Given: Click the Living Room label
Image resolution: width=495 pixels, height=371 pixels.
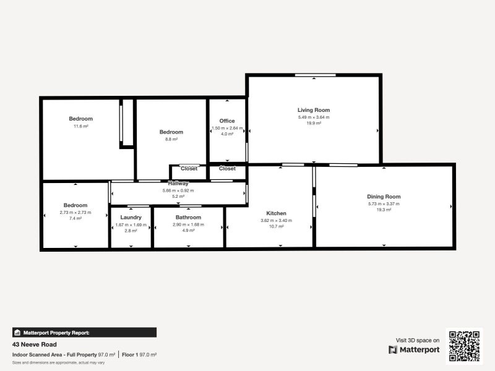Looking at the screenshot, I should tap(314, 110).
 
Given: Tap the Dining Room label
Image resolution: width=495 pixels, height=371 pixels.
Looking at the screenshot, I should tap(384, 197).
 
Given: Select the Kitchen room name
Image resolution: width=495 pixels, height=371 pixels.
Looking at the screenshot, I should tap(276, 213).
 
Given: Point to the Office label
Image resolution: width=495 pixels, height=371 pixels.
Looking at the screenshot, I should tap(227, 121).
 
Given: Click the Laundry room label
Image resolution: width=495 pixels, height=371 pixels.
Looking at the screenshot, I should tap(131, 218).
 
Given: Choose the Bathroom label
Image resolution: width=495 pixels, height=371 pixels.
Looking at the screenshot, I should tap(188, 218).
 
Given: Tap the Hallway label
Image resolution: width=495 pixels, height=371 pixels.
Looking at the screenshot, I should tap(178, 184).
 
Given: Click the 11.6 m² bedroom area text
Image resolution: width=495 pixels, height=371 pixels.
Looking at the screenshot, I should tap(81, 126).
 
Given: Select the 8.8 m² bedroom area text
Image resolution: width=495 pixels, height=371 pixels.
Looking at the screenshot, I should tap(171, 139).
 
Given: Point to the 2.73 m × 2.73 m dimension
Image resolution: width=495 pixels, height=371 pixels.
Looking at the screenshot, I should tap(75, 212).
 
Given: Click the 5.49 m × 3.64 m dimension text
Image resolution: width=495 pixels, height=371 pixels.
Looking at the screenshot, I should tap(314, 117).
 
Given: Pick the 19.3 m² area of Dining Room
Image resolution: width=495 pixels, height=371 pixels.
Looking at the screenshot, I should tap(384, 210).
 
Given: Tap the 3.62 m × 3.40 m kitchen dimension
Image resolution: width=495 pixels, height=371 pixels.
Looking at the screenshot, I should tap(276, 220).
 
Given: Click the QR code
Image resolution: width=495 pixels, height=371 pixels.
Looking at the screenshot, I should tap(464, 345).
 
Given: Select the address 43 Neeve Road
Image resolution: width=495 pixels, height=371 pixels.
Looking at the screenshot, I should tap(35, 344).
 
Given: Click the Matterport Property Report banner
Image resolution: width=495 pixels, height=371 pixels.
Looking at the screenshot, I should tap(84, 332).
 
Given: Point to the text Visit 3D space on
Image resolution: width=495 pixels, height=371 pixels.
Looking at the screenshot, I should tap(418, 340).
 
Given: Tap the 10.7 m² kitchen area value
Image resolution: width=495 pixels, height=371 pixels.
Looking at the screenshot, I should tap(276, 227).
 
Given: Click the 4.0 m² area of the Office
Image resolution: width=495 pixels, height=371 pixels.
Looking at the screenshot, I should tap(227, 134).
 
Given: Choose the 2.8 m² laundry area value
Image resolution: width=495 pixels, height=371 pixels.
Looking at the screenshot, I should tap(131, 231).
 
